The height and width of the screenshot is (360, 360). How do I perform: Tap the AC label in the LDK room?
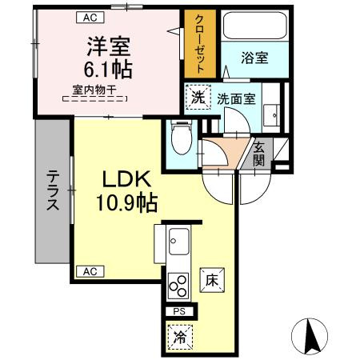click(90, 271)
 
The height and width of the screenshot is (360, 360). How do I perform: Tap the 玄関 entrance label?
click(259, 153)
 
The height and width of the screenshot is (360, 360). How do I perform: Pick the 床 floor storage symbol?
click(212, 280)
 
